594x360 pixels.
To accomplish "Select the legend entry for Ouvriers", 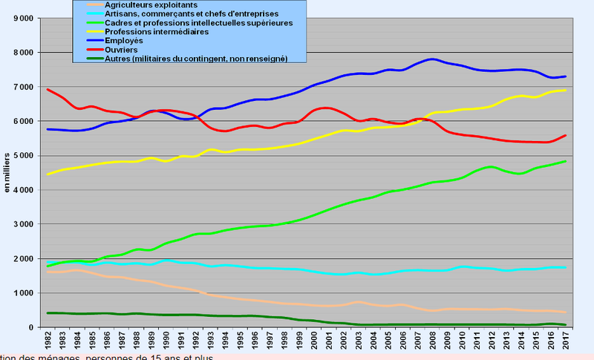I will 127,50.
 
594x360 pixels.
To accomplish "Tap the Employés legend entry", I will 129,41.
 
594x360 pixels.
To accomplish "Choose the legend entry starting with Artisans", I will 181,14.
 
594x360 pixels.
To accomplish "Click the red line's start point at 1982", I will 48,90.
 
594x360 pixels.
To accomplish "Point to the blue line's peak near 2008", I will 432,59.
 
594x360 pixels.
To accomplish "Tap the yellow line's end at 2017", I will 567,91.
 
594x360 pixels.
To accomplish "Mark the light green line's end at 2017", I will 567,161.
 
